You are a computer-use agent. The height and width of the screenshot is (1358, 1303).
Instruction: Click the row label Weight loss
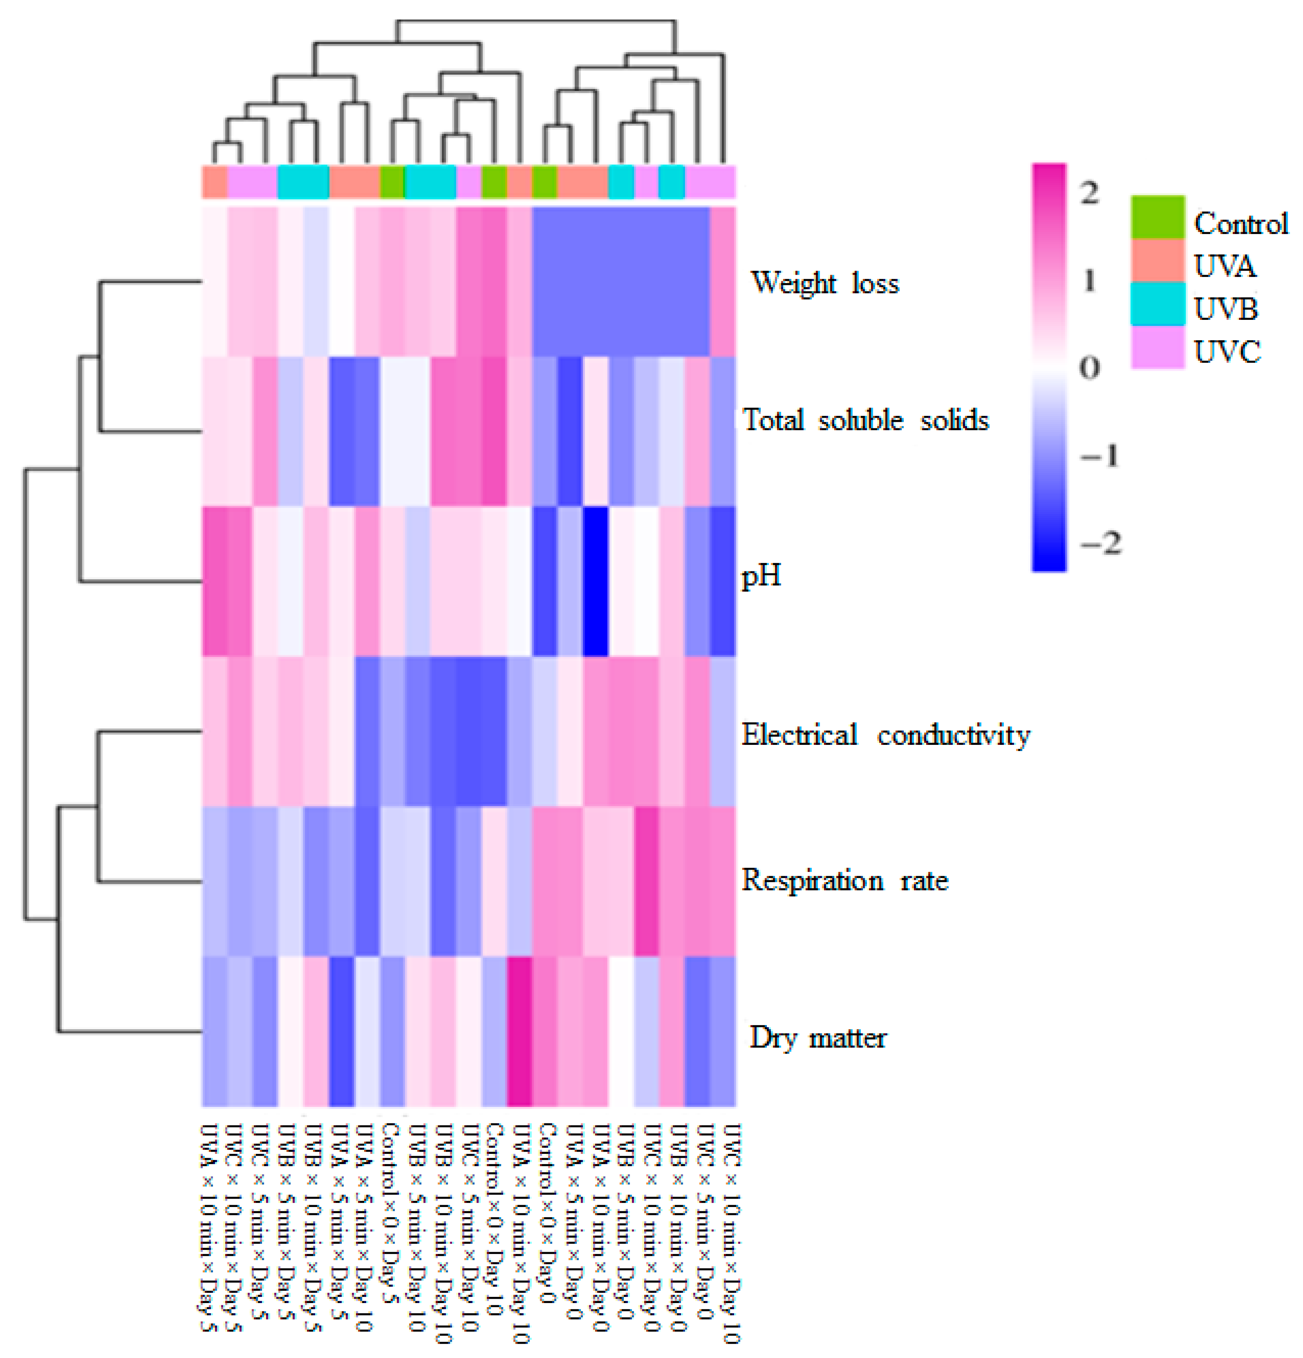pos(825,283)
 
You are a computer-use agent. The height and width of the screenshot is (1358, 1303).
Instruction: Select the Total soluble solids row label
pos(866,420)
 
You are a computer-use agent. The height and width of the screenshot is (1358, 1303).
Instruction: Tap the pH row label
pos(761,575)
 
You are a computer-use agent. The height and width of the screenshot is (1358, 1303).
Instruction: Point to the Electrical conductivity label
pos(885,734)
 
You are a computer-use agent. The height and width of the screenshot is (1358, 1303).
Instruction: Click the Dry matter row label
pos(818,1037)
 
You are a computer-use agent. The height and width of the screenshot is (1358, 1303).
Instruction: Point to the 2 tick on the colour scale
pos(1089,192)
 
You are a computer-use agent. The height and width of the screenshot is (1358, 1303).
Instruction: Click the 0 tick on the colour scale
pos(1089,367)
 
